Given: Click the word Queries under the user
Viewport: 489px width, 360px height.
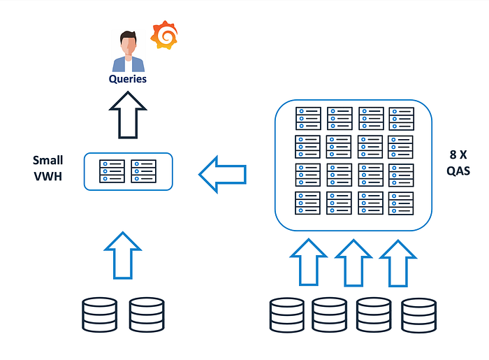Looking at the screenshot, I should click(128, 79).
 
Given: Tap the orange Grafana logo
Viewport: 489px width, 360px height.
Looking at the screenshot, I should click(164, 35).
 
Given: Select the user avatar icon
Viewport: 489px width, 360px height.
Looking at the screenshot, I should click(128, 50).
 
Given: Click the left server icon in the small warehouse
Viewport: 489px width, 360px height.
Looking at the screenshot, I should click(112, 171).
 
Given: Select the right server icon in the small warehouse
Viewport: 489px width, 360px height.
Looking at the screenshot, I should click(145, 171).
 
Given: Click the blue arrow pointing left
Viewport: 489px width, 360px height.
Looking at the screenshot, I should click(222, 175).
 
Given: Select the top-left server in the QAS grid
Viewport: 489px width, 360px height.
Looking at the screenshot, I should click(308, 118).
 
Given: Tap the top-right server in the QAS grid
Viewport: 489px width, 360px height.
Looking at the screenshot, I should click(401, 118).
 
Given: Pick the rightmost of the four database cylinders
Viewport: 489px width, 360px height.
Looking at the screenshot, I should click(419, 315).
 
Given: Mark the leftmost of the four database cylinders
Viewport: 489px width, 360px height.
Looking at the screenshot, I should click(287, 315).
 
